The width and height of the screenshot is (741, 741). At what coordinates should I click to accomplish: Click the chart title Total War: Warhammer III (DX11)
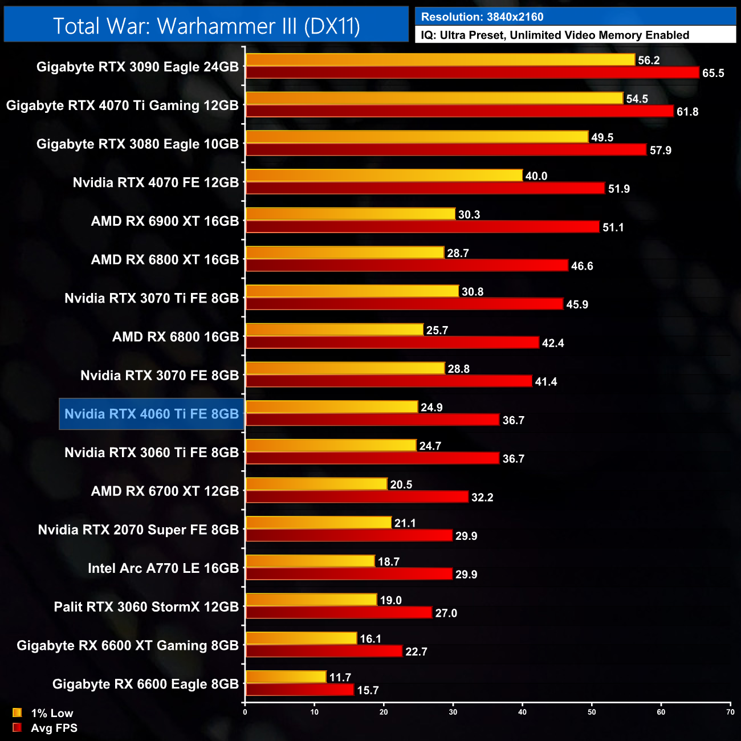[206, 26]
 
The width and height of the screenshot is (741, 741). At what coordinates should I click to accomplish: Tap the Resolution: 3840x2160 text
[482, 17]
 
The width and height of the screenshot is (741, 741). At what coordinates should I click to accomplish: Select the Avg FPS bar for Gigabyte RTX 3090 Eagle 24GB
[472, 72]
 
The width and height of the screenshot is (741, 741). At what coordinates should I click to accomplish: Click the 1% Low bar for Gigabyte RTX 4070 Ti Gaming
[434, 99]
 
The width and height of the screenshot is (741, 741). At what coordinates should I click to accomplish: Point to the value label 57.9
[661, 150]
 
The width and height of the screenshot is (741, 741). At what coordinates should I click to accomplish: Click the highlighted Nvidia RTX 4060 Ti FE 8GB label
[152, 414]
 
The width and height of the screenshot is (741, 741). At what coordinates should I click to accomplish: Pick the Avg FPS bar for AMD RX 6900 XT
[422, 227]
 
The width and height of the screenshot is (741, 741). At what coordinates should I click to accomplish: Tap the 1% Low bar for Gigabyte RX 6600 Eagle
[286, 677]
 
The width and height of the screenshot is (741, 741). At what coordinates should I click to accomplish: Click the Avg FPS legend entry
[45, 728]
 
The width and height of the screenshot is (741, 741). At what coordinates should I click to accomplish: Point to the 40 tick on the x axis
[523, 712]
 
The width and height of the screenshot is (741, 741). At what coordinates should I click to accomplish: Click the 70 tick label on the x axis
[730, 712]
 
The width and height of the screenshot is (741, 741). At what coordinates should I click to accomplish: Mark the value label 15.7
[368, 690]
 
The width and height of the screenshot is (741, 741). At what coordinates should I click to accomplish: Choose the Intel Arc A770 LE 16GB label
[163, 568]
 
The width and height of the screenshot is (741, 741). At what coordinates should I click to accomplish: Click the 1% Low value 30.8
[473, 292]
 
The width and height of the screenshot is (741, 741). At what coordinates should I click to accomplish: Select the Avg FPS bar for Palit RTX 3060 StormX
[339, 613]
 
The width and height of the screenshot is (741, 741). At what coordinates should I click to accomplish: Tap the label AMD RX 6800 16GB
[176, 337]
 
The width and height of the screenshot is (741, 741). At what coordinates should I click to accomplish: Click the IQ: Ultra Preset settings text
[555, 35]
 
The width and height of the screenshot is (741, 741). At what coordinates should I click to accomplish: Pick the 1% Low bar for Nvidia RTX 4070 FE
[384, 176]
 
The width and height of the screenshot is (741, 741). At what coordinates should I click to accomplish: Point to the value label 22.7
[416, 652]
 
